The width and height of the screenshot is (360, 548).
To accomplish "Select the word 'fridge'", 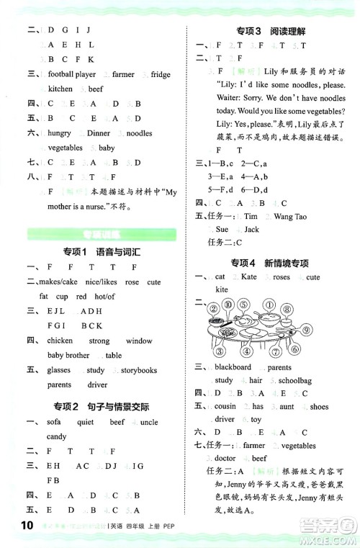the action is click(161, 74).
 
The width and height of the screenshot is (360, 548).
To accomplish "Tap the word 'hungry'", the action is click(60, 133).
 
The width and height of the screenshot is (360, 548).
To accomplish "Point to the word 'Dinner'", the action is click(99, 133).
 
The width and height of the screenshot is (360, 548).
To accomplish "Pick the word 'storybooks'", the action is click(139, 370).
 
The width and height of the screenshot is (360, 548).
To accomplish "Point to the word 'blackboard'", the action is click(233, 367).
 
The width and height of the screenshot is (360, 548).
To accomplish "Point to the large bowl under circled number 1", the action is click(271, 319).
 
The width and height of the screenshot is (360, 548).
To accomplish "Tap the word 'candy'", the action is click(57, 436).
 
